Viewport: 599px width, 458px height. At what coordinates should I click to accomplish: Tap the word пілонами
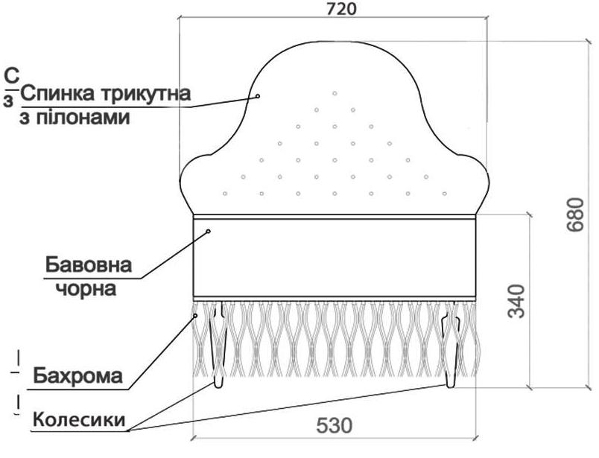[81, 118]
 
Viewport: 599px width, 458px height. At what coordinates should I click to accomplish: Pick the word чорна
[86, 288]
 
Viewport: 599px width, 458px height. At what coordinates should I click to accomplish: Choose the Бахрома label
[78, 375]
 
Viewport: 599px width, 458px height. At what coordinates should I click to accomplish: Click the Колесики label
[78, 420]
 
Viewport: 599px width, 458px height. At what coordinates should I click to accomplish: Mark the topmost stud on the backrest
[335, 93]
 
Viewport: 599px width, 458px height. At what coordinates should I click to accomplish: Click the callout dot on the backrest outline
[258, 96]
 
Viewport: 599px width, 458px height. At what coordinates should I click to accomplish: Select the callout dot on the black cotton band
[209, 232]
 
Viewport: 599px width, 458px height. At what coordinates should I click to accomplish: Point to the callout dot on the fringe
[195, 316]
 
